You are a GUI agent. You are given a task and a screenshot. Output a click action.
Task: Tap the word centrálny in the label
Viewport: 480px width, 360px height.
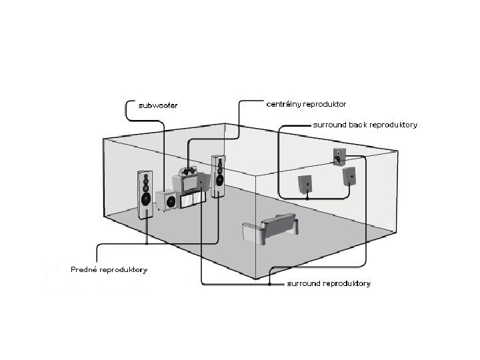click(283, 105)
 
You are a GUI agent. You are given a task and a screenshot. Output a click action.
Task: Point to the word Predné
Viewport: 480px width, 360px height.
click(85, 270)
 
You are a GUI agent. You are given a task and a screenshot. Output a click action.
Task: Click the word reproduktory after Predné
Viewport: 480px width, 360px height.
click(124, 270)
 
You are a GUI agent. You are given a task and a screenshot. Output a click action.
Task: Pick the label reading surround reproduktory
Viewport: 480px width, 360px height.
click(328, 284)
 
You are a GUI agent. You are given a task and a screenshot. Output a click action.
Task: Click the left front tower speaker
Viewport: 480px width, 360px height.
click(145, 195)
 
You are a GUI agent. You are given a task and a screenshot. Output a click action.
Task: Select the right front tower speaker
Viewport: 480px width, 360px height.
click(217, 176)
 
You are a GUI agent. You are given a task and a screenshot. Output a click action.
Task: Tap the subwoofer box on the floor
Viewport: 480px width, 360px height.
click(168, 200)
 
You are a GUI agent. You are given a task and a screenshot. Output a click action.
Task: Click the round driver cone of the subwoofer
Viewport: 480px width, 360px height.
click(171, 201)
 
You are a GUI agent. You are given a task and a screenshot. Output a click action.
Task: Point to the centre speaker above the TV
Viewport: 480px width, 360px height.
click(189, 172)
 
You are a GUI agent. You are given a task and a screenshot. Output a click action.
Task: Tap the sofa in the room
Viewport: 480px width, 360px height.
click(270, 229)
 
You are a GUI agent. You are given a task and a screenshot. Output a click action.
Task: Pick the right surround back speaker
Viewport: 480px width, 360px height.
click(349, 176)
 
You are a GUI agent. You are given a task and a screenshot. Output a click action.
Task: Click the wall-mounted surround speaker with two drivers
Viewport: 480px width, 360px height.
click(339, 156)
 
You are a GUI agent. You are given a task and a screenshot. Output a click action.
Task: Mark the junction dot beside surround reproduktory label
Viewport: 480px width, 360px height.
click(269, 284)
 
